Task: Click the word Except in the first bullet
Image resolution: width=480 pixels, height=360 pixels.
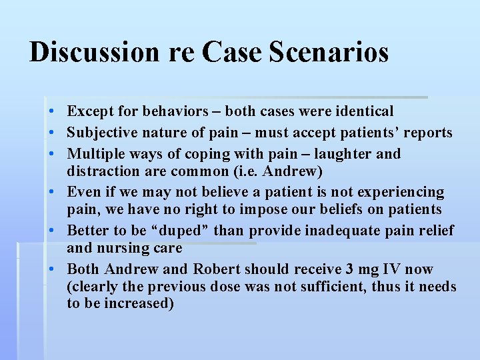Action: pyautogui.click(x=89, y=111)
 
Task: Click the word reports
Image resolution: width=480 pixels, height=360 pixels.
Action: pyautogui.click(x=429, y=133)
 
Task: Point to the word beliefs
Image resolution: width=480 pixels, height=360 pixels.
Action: pyautogui.click(x=343, y=209)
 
